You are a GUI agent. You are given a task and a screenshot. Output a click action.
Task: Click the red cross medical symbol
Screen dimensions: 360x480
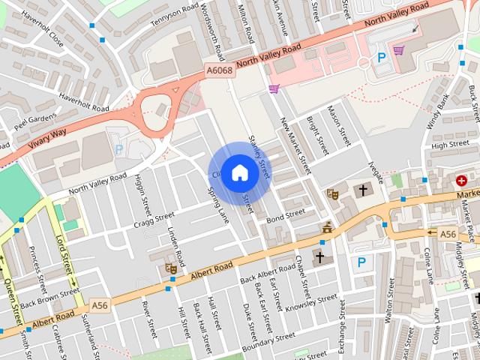pyautogui.click(x=463, y=181)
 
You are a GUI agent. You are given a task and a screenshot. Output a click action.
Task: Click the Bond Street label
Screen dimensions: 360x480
pyautogui.click(x=286, y=215)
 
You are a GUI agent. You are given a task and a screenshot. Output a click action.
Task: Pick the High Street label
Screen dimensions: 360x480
pyautogui.click(x=451, y=144)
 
